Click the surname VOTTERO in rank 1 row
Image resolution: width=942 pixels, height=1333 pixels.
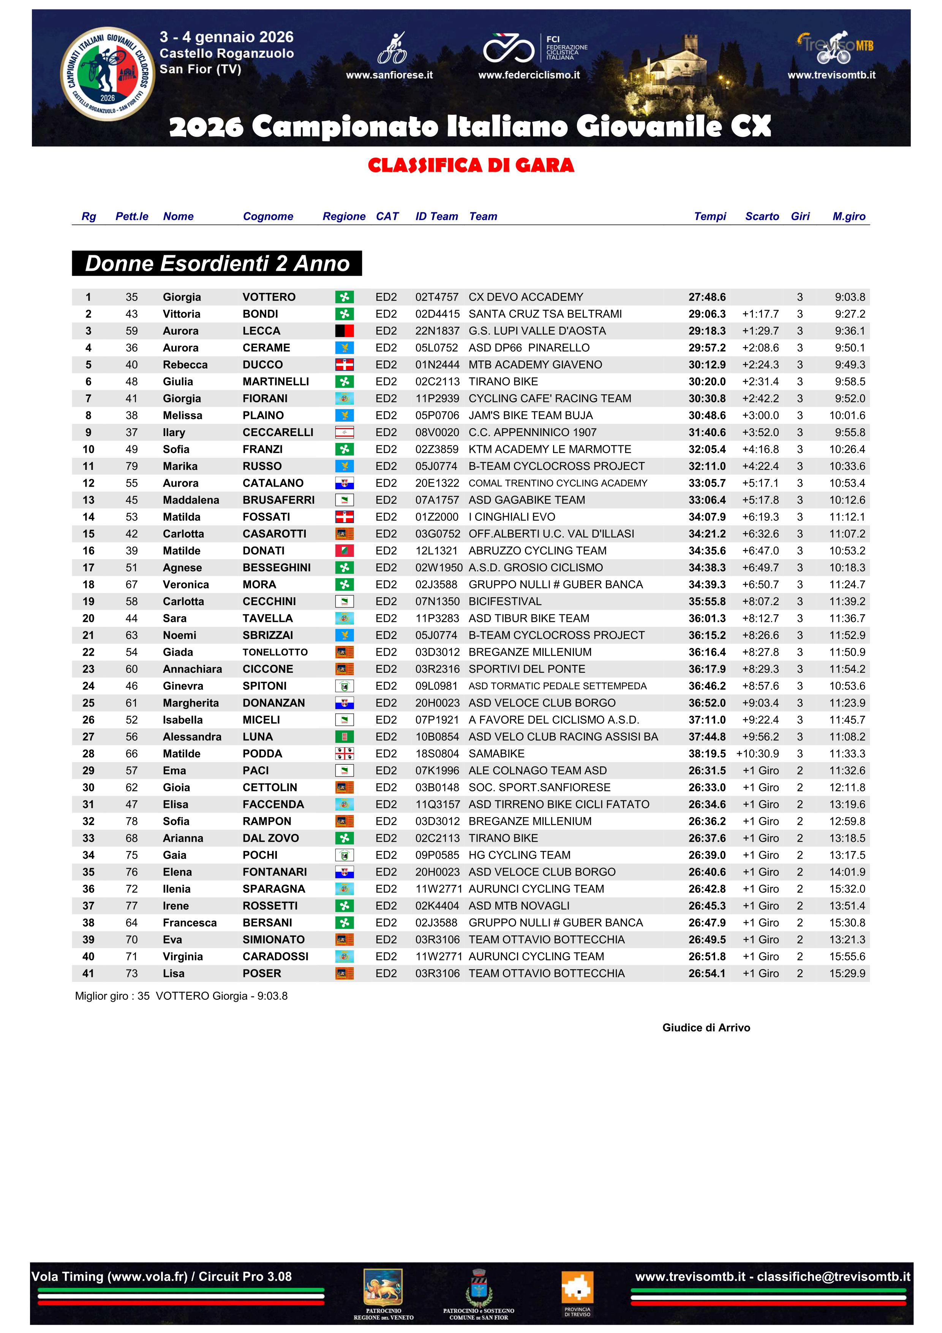tap(269, 297)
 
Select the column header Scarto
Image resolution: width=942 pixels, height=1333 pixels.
tap(762, 216)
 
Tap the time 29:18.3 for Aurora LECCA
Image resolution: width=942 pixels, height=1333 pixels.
tap(706, 331)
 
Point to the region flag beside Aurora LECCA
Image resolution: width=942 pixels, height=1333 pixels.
tap(344, 331)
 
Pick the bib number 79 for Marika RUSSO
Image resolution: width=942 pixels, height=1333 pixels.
tap(132, 466)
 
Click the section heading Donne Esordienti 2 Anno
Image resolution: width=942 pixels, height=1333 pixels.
tap(217, 264)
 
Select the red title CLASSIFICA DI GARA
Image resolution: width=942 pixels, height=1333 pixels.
tap(471, 166)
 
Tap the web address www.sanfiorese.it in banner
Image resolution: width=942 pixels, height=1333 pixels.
tap(389, 75)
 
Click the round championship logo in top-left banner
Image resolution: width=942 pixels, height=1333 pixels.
tap(107, 74)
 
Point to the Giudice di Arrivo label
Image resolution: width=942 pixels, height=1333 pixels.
tap(706, 1027)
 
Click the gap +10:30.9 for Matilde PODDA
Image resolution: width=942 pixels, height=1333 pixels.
tap(757, 754)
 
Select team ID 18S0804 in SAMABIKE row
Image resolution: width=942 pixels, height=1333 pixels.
tap(436, 754)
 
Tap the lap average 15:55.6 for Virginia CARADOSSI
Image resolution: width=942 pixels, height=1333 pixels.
tap(847, 956)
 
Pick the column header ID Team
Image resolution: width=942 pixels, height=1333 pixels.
tap(436, 216)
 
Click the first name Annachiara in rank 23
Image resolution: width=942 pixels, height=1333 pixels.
tap(192, 669)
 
